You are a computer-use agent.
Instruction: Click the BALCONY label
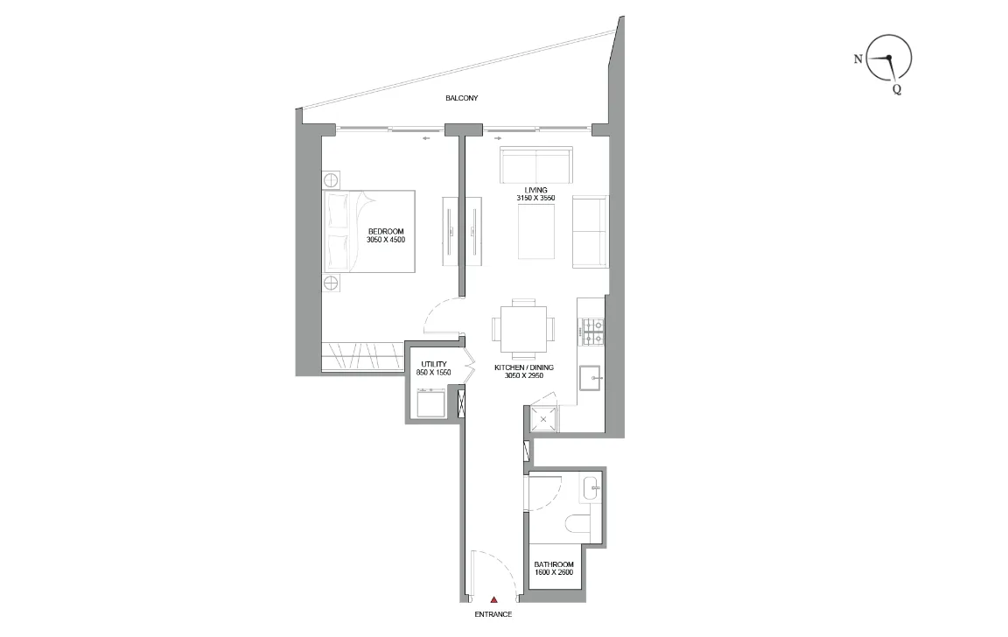(461, 99)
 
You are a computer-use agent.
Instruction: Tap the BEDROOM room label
(386, 231)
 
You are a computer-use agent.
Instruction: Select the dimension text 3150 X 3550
(535, 199)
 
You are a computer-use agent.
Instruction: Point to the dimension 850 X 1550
(434, 373)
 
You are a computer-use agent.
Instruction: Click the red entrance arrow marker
(493, 599)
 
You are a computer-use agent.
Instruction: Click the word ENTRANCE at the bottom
(493, 614)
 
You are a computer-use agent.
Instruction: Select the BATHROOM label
(554, 564)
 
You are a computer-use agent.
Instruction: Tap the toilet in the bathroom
(580, 523)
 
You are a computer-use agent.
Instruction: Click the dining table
(523, 327)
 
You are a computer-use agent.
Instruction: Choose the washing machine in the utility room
(430, 402)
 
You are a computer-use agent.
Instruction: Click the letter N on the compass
(857, 59)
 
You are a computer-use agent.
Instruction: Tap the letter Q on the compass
(896, 88)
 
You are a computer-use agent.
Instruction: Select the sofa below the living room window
(535, 164)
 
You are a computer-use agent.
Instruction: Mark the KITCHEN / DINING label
(523, 367)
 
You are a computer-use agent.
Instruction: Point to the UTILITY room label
(434, 364)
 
